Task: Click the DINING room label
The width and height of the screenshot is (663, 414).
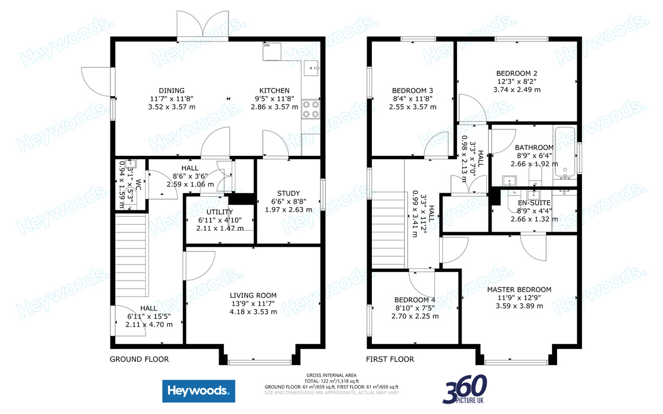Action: (x=172, y=90)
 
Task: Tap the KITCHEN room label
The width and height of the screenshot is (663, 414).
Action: (x=274, y=90)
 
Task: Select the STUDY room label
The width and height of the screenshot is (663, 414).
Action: (x=288, y=193)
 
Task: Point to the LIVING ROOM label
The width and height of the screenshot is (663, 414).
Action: (x=253, y=295)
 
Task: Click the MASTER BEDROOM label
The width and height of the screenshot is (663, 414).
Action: (x=519, y=289)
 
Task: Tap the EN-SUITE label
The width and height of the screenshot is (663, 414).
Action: (x=534, y=203)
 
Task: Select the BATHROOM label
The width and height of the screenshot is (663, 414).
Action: (x=534, y=147)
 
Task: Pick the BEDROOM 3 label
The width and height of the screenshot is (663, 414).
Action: (x=412, y=90)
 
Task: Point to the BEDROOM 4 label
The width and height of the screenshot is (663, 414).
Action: (x=414, y=300)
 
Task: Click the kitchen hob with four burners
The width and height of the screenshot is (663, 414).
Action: (x=311, y=109)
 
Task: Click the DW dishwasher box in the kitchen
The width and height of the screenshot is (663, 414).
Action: (x=271, y=51)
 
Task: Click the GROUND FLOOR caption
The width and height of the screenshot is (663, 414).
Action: (x=139, y=359)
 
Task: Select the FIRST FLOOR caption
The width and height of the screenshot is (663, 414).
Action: (x=390, y=359)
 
